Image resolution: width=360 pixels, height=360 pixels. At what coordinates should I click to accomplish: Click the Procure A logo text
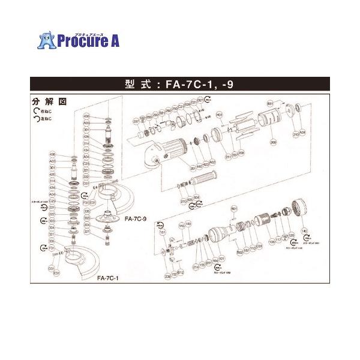tap(84, 40)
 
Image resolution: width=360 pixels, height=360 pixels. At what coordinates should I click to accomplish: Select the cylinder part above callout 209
tap(269, 124)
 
